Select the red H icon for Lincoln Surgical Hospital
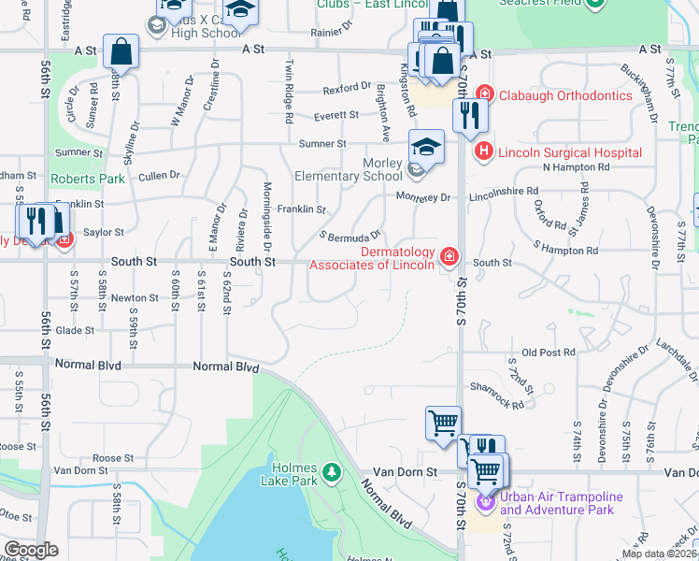tap(483, 151)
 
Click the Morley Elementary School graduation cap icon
tap(426, 147)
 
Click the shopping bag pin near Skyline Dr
tap(121, 51)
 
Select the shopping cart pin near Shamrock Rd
tap(442, 422)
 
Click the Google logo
tap(31, 550)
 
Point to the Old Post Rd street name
tap(548, 352)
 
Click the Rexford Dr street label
tap(347, 88)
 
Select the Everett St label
tap(336, 115)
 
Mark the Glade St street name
tap(75, 330)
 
